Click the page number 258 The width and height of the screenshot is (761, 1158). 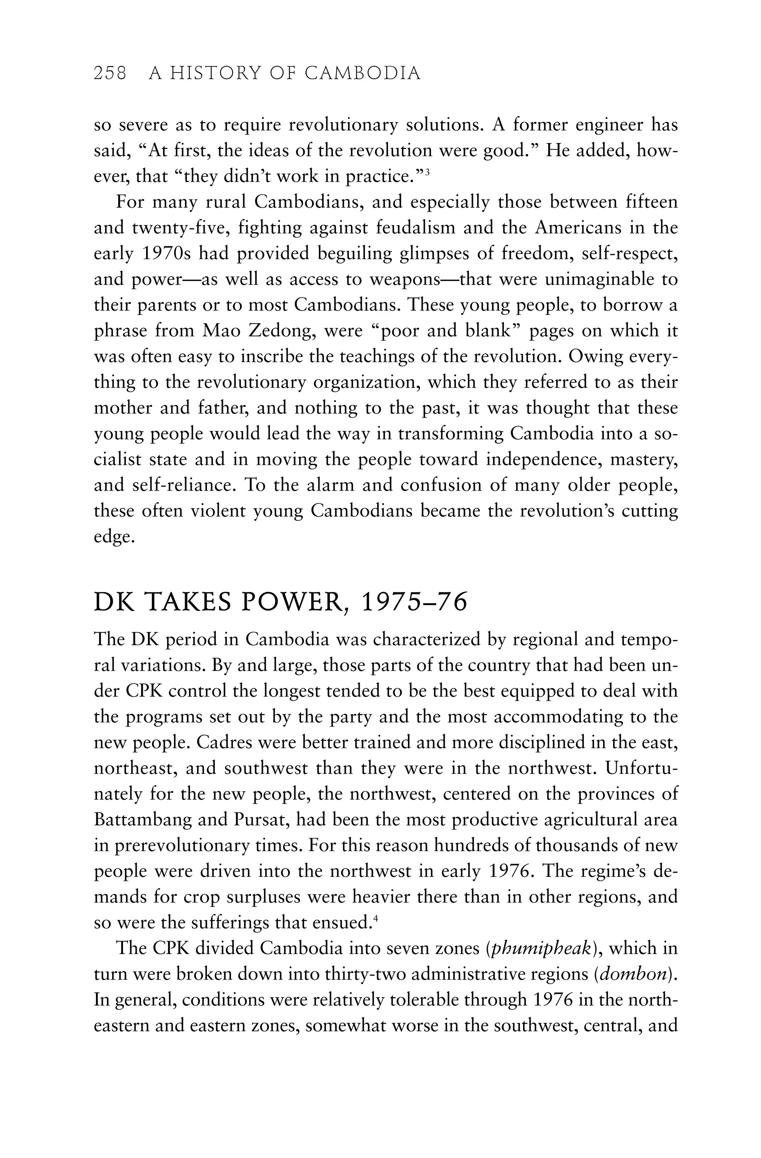110,74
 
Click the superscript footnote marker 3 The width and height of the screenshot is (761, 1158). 426,171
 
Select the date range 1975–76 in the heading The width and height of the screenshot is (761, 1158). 414,602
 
